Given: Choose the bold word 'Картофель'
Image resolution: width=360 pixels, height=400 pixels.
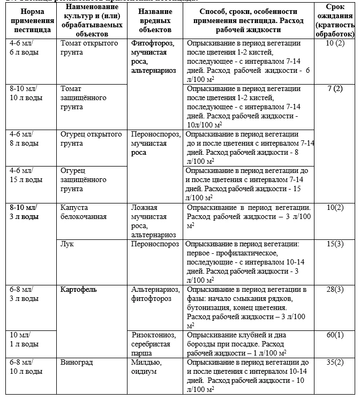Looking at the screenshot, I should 79,289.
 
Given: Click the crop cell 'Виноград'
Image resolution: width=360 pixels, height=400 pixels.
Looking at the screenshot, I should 77,363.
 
